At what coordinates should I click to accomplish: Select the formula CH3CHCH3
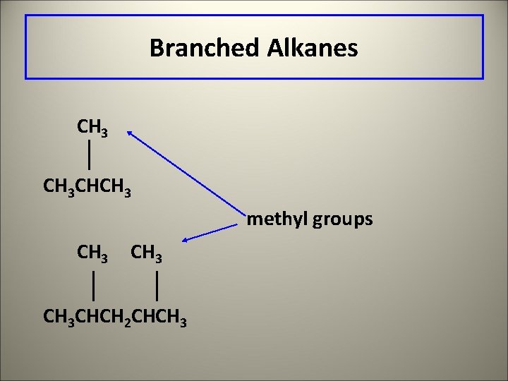[x=87, y=188]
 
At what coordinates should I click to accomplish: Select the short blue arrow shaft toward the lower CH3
[x=215, y=231]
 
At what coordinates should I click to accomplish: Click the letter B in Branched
[x=155, y=48]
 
